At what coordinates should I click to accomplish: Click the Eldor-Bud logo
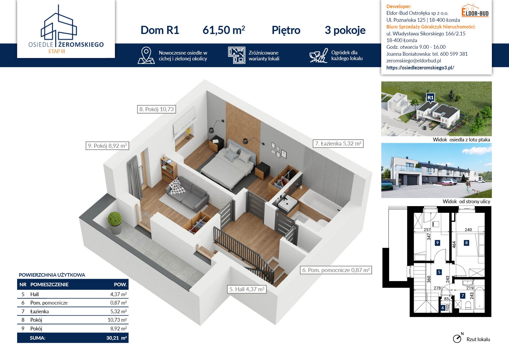click(475, 10)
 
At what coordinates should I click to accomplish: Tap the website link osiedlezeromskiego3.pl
click(420, 68)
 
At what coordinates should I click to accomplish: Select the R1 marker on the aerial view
click(430, 98)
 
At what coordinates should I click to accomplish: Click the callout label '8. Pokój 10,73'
click(156, 109)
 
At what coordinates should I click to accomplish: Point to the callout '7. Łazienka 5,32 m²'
click(338, 143)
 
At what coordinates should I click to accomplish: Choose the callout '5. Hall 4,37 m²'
click(247, 289)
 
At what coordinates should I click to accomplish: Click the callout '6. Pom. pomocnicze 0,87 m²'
click(336, 270)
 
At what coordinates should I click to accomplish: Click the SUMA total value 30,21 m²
click(116, 338)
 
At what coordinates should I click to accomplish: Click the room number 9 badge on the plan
click(437, 243)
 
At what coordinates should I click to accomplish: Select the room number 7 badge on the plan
click(463, 296)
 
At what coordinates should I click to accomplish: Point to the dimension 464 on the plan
click(454, 244)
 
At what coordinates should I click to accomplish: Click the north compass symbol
click(458, 338)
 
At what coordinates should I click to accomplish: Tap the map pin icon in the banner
click(146, 55)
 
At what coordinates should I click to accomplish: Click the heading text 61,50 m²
click(224, 30)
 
